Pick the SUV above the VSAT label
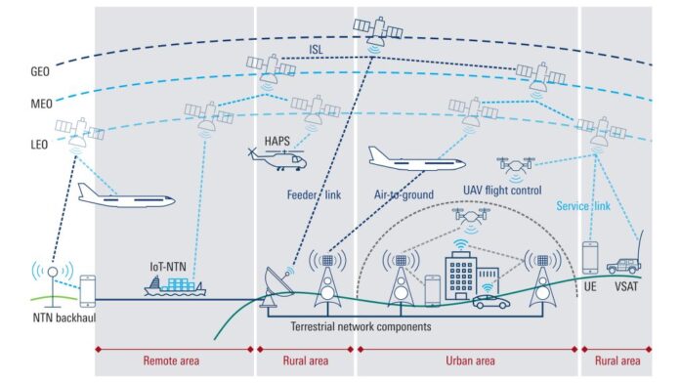[x=624, y=265]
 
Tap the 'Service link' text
[x=584, y=206]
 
